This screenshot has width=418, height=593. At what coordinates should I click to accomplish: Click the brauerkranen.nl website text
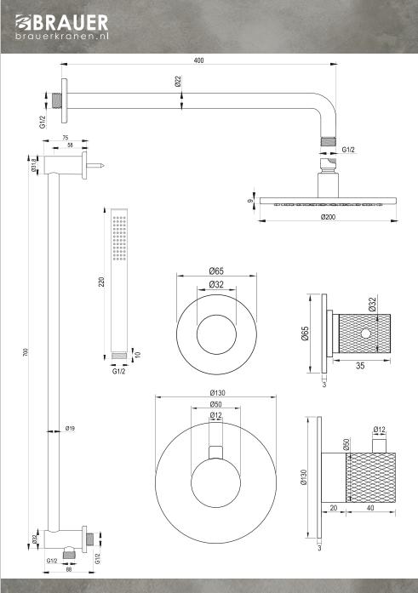(x=62, y=37)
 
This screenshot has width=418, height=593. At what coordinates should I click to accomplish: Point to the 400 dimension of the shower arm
(x=198, y=60)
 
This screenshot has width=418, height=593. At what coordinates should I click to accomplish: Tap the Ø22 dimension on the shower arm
(x=178, y=82)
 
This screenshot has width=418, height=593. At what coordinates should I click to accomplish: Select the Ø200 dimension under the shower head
(x=328, y=217)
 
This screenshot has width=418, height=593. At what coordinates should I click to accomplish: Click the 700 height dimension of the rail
(x=26, y=352)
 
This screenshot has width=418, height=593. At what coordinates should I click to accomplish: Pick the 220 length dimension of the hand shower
(x=101, y=282)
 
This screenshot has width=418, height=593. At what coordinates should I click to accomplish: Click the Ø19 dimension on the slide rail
(x=70, y=429)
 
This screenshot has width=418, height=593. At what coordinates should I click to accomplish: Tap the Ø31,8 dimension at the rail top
(x=34, y=166)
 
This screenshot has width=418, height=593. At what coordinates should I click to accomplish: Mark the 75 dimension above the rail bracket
(x=65, y=138)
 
